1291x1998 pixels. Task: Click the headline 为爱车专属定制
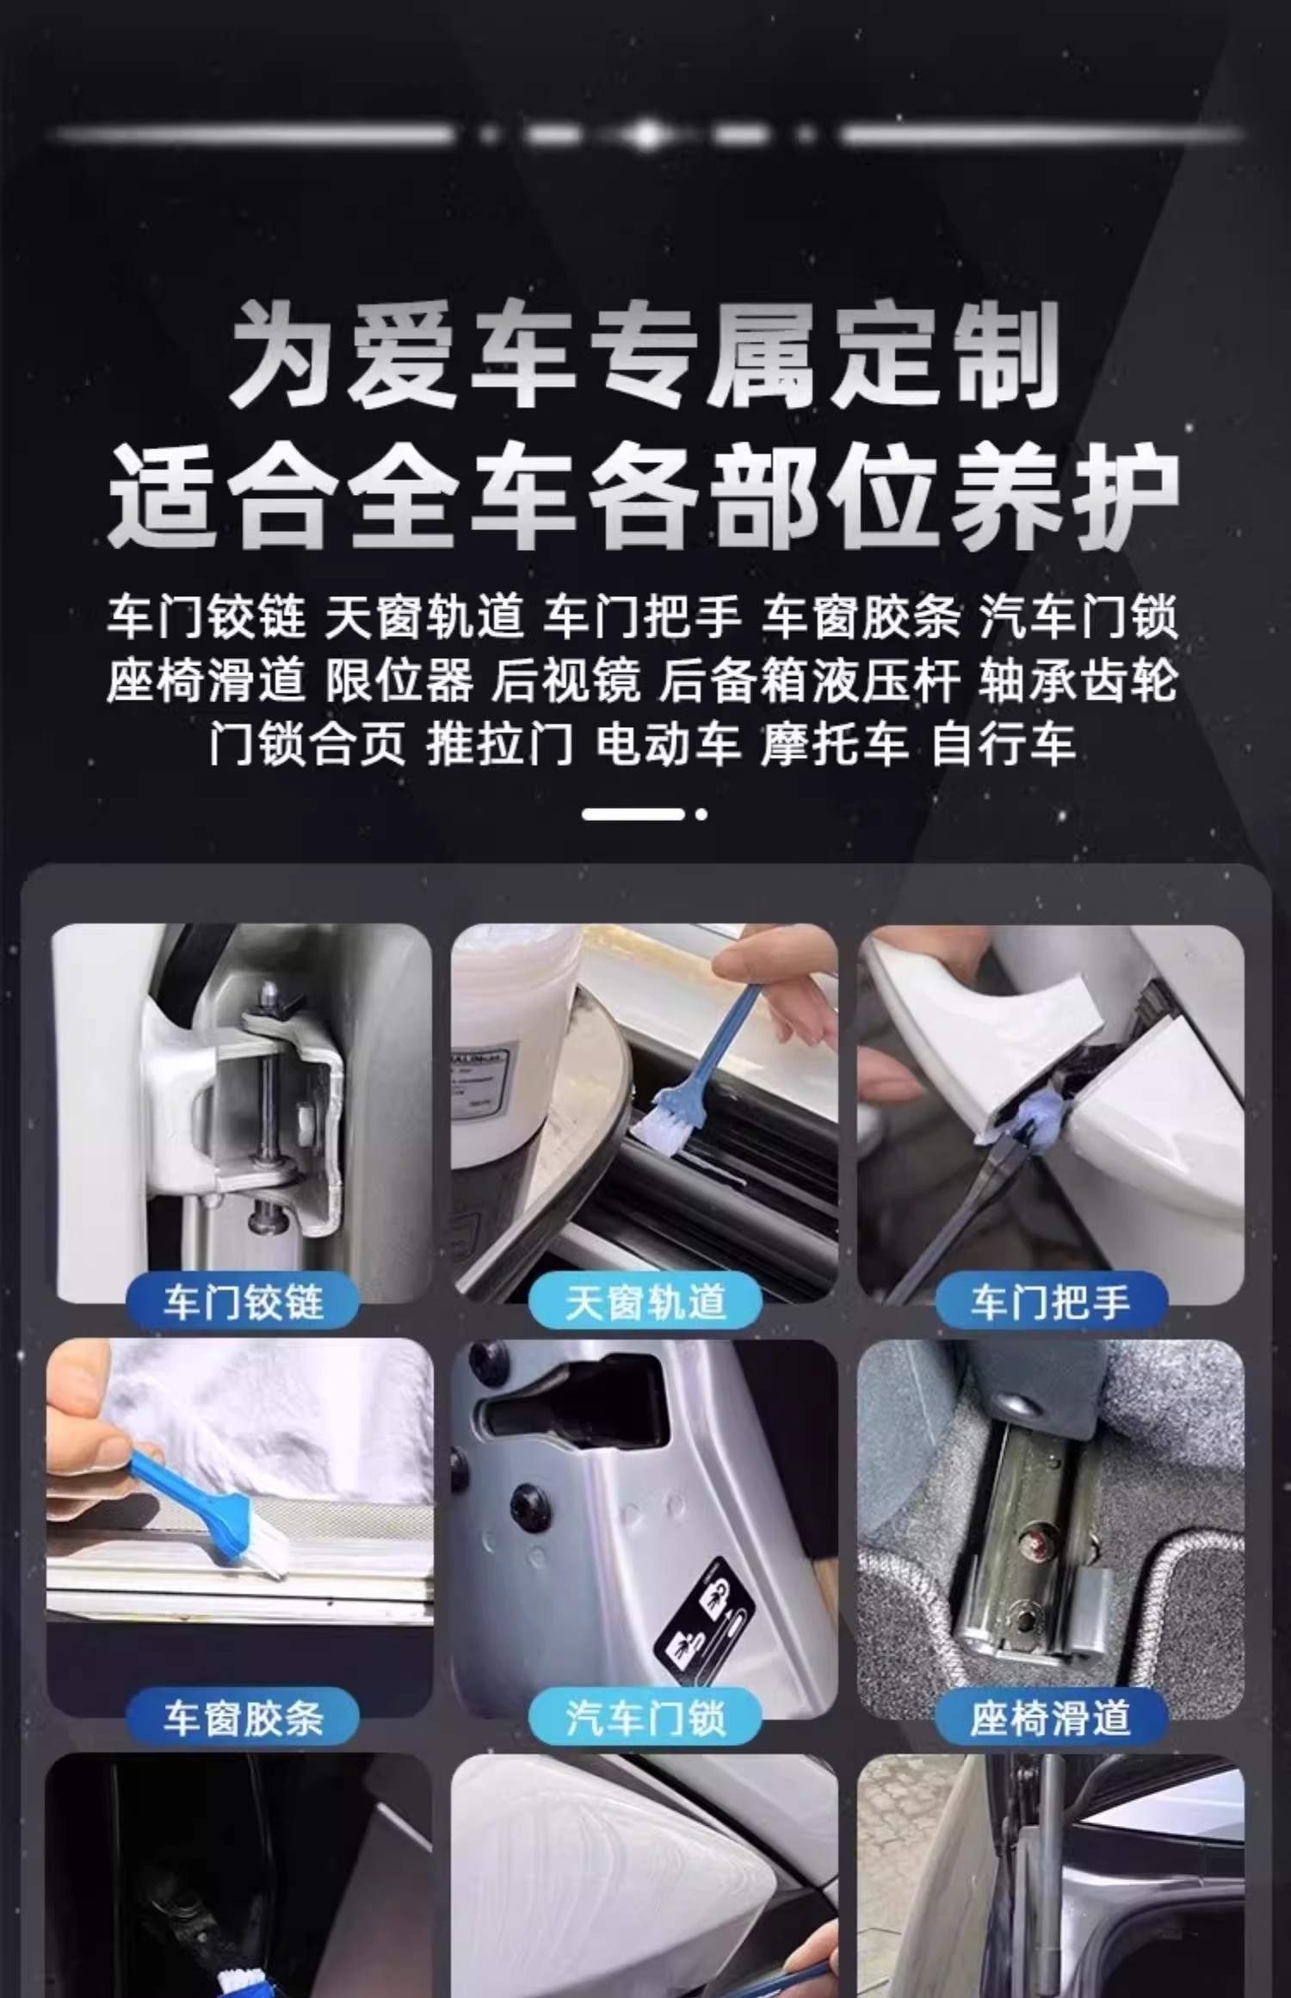[x=644, y=354]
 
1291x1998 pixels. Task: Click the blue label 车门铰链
[x=243, y=1303]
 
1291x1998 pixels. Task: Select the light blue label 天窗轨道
[x=645, y=1303]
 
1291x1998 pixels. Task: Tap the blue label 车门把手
[x=1051, y=1303]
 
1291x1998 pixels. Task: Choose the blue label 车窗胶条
[x=243, y=1718]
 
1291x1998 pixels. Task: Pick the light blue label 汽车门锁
[x=645, y=1718]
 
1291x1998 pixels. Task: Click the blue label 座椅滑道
[x=1051, y=1718]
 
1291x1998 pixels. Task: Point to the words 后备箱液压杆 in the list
[x=809, y=681]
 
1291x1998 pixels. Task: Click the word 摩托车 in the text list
[x=835, y=743]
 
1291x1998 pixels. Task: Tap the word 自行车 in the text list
[x=1004, y=743]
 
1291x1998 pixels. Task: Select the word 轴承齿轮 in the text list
[x=1078, y=681]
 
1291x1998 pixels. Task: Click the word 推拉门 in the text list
[x=500, y=743]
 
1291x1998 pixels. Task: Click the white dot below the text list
[x=702, y=814]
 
